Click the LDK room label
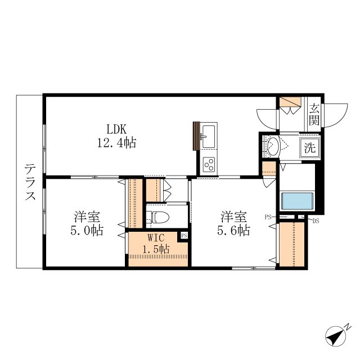click(x=116, y=129)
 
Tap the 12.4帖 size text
click(x=117, y=143)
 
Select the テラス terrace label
click(x=30, y=182)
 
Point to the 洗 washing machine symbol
click(x=310, y=148)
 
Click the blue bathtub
click(x=298, y=201)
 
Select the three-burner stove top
click(x=209, y=164)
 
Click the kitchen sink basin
click(x=209, y=137)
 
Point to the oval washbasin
click(x=273, y=146)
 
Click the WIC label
click(x=156, y=238)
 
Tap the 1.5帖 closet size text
click(x=156, y=249)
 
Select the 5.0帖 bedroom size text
click(x=87, y=231)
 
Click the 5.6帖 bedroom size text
click(x=234, y=230)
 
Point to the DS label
click(x=316, y=221)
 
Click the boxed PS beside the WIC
click(x=184, y=236)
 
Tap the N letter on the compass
click(x=349, y=327)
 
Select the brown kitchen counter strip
click(x=196, y=136)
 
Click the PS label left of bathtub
click(x=268, y=217)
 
